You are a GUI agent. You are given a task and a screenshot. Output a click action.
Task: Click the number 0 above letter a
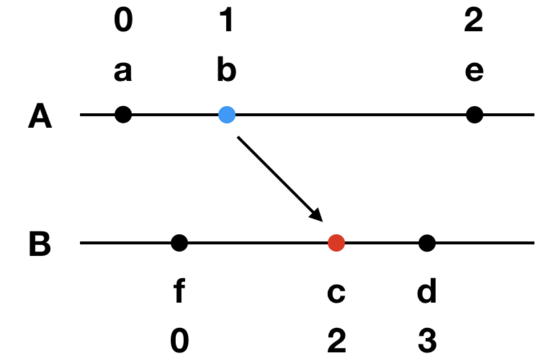coord(123,21)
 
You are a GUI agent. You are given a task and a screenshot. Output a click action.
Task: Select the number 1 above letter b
coord(226,21)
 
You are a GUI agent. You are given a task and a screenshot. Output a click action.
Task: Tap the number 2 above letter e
coord(474,21)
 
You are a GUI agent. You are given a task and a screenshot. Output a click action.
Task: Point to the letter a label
coord(123,72)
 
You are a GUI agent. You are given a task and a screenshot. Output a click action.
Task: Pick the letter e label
coord(474,72)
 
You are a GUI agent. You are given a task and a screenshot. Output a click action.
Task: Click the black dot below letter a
coord(123,115)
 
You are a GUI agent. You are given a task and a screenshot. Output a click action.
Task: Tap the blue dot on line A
coord(227,115)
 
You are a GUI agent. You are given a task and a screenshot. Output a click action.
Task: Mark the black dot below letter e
coord(475,115)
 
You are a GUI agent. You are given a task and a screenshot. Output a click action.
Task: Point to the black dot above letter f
coord(179,243)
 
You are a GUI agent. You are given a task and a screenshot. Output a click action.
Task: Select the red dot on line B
coord(336,243)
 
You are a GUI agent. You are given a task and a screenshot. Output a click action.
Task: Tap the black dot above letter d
coord(427,243)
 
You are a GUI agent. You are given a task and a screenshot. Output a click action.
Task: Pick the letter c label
coord(336,294)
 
